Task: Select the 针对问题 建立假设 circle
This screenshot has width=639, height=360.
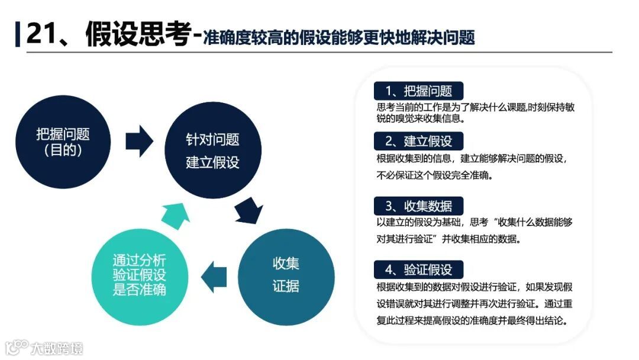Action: click(212, 150)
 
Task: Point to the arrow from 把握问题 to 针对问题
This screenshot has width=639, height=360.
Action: click(140, 141)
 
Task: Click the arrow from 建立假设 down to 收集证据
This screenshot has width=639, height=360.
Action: click(248, 208)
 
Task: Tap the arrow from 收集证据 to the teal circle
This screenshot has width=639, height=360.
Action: click(214, 274)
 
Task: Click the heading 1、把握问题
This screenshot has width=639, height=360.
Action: click(418, 91)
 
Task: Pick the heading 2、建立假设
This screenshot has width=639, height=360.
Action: click(418, 142)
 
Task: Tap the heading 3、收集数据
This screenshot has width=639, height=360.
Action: click(418, 206)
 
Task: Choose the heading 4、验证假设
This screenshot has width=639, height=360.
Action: click(418, 270)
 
